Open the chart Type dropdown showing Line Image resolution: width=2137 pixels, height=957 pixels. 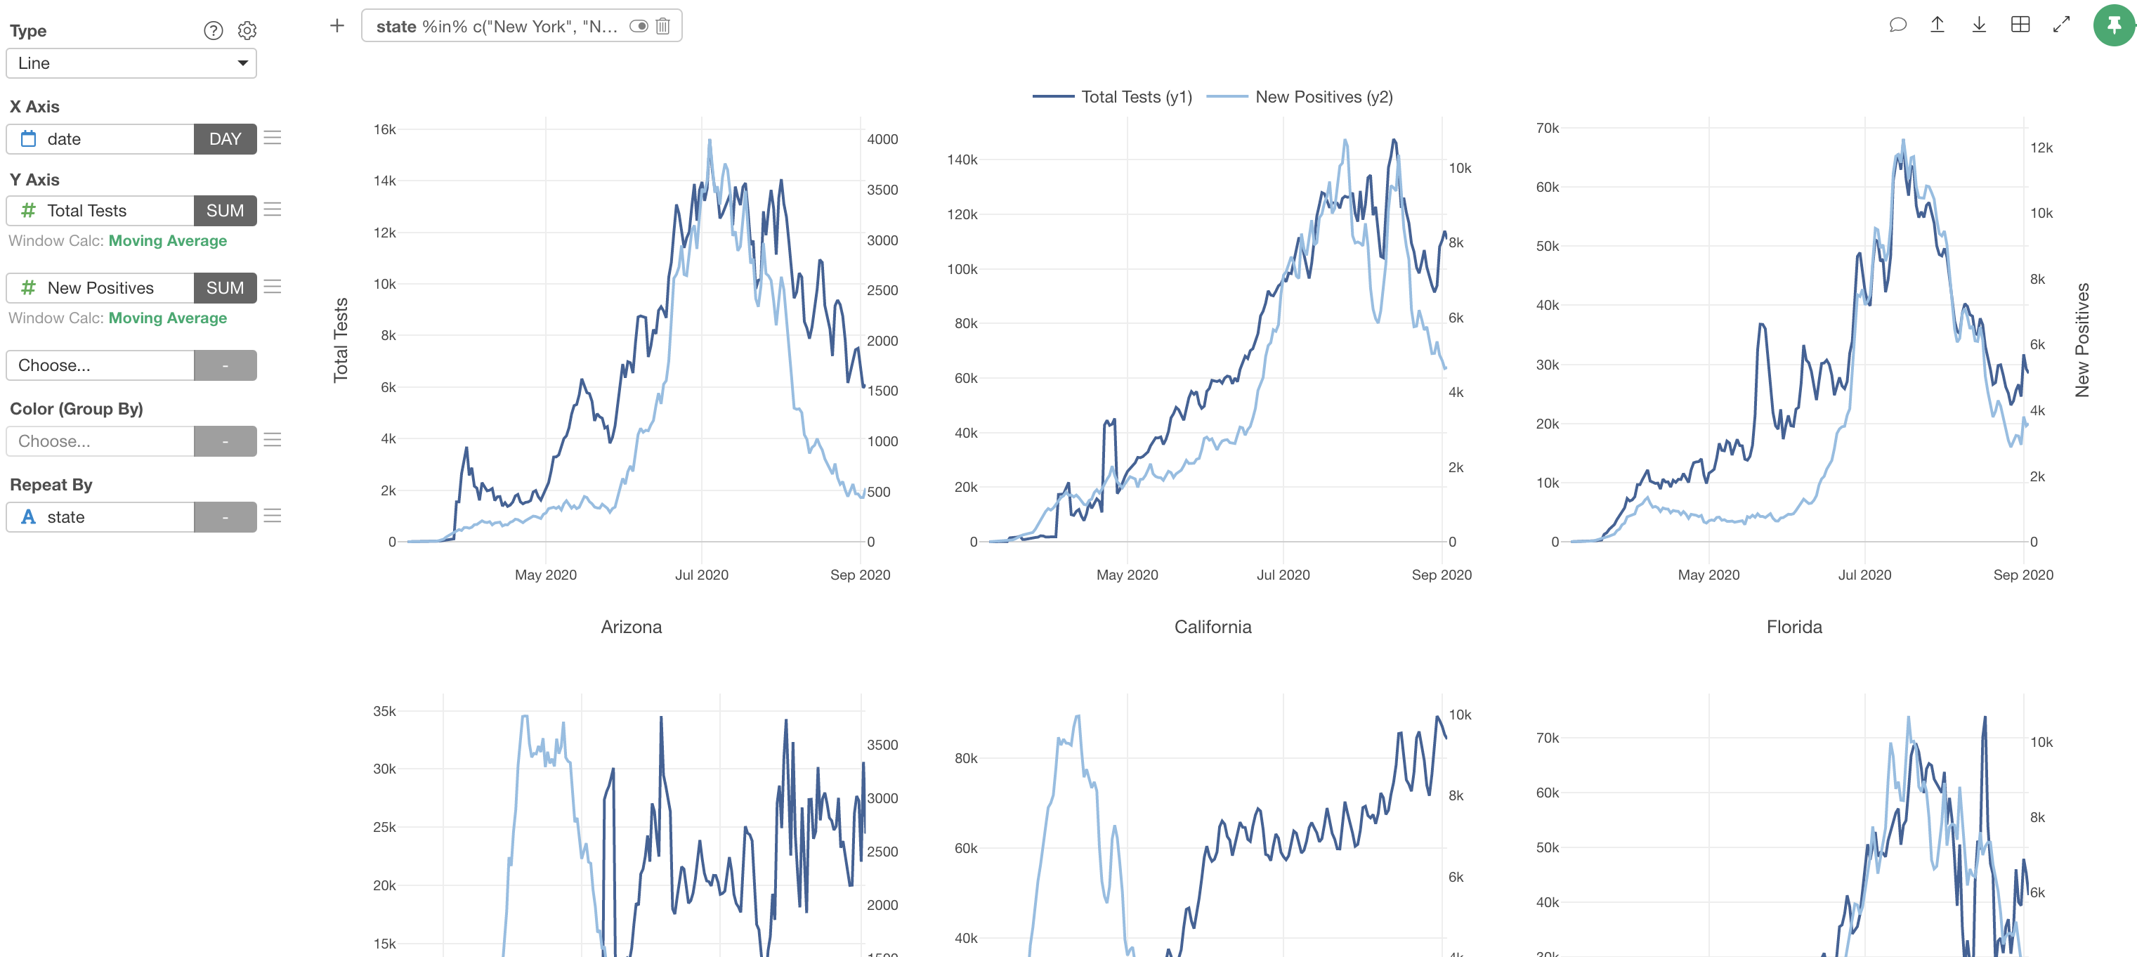[x=131, y=63]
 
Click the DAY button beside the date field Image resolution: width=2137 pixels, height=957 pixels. [x=225, y=138]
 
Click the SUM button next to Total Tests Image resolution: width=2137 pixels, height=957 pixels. [x=225, y=211]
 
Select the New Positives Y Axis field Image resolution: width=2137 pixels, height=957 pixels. [x=100, y=288]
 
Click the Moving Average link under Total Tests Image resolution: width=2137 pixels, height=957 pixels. [x=168, y=241]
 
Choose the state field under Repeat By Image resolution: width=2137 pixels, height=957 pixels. [x=100, y=517]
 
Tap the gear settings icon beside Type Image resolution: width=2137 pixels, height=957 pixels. [x=247, y=31]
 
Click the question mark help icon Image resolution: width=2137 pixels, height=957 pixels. [x=213, y=31]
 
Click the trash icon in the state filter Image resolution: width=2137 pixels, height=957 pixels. [x=663, y=27]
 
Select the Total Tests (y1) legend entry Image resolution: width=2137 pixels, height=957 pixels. [x=1113, y=97]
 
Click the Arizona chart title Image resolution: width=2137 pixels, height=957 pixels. [x=632, y=627]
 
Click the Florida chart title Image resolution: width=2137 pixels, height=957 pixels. [x=1793, y=627]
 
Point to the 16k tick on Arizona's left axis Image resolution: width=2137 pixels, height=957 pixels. [x=384, y=129]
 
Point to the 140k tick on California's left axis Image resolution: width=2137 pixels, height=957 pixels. [x=962, y=159]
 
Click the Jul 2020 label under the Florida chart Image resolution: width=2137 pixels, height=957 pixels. [x=1864, y=574]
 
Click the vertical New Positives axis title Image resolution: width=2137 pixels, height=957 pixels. [x=2082, y=339]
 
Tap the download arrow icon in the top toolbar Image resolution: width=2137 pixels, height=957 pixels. [x=1978, y=25]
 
